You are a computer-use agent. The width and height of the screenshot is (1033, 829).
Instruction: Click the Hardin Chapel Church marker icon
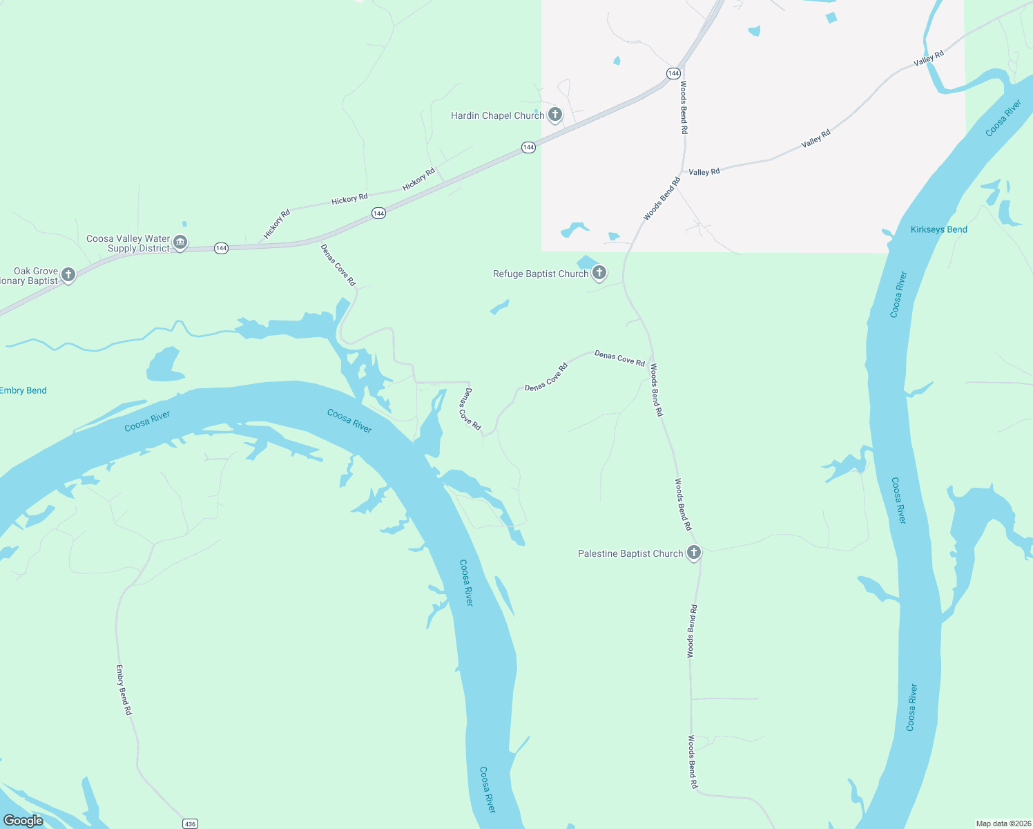coord(554,115)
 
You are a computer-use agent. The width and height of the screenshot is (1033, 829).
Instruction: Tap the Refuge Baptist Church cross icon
coord(599,273)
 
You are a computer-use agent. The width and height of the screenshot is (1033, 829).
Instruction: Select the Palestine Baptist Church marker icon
coord(694,553)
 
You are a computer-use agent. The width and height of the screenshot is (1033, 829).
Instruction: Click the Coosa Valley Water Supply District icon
coord(180,242)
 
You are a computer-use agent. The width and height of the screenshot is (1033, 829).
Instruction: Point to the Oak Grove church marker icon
coord(68,275)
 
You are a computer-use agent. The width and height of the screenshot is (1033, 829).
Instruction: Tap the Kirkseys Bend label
coord(938,229)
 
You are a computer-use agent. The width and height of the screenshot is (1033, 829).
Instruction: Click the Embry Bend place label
coord(23,390)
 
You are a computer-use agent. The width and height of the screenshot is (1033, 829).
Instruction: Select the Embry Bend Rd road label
coord(123,689)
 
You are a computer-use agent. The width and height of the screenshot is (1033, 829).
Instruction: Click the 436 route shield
coord(190,823)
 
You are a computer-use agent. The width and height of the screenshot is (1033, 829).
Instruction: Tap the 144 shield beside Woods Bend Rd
coord(673,73)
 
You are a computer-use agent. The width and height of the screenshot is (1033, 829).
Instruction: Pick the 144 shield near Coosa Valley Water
coord(221,248)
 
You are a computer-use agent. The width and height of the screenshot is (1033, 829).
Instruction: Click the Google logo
coord(23,821)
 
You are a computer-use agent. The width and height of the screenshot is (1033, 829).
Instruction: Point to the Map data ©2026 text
coord(1003,823)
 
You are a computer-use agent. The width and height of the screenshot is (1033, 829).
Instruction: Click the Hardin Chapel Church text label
coord(497,115)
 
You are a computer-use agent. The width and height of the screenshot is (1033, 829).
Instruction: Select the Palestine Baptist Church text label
coord(630,553)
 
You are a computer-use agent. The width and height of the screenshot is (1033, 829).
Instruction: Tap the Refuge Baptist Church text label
coord(541,274)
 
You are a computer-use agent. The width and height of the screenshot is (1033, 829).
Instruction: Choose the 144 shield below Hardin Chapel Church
coord(528,147)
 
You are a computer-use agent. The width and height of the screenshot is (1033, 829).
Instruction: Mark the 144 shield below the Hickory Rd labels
coord(378,213)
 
